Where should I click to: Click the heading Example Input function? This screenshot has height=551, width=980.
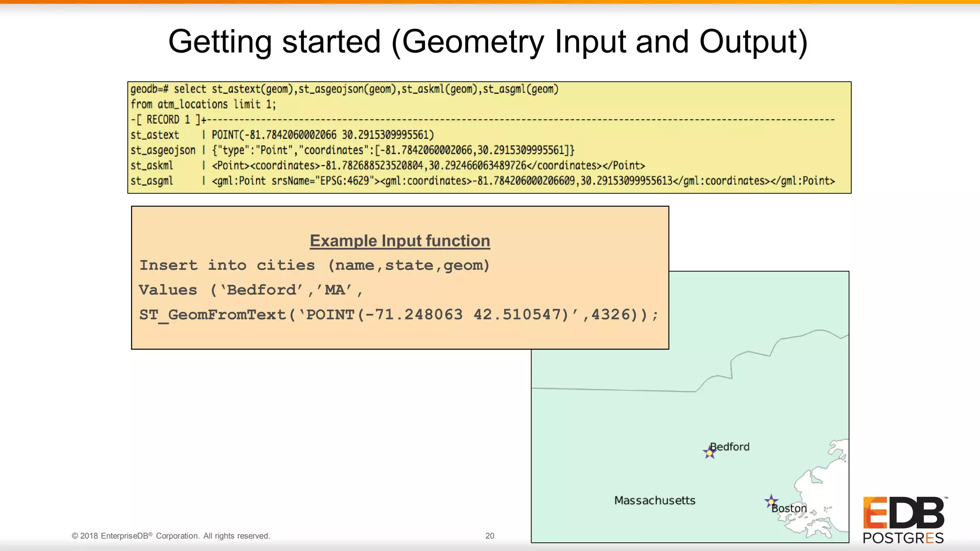coord(400,241)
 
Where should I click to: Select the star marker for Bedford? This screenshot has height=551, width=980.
coord(709,452)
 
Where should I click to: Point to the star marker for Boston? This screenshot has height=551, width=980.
coord(770,502)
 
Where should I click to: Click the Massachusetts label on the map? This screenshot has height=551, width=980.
coord(655,500)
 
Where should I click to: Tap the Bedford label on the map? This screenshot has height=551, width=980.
coord(730,447)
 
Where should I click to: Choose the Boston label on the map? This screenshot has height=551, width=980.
coord(789,508)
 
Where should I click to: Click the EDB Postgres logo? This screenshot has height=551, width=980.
coord(903,520)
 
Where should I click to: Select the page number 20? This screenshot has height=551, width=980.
coord(490,536)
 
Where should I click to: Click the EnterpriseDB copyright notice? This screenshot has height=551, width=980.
coord(171,536)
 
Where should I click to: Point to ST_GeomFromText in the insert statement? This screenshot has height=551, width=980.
coord(212,315)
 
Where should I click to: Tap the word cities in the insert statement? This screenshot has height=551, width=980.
coord(286,265)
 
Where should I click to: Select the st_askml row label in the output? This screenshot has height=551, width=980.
coord(152,165)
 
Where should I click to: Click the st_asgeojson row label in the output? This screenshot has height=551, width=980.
coord(163,150)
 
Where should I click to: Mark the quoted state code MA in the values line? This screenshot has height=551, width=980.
coord(334,290)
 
